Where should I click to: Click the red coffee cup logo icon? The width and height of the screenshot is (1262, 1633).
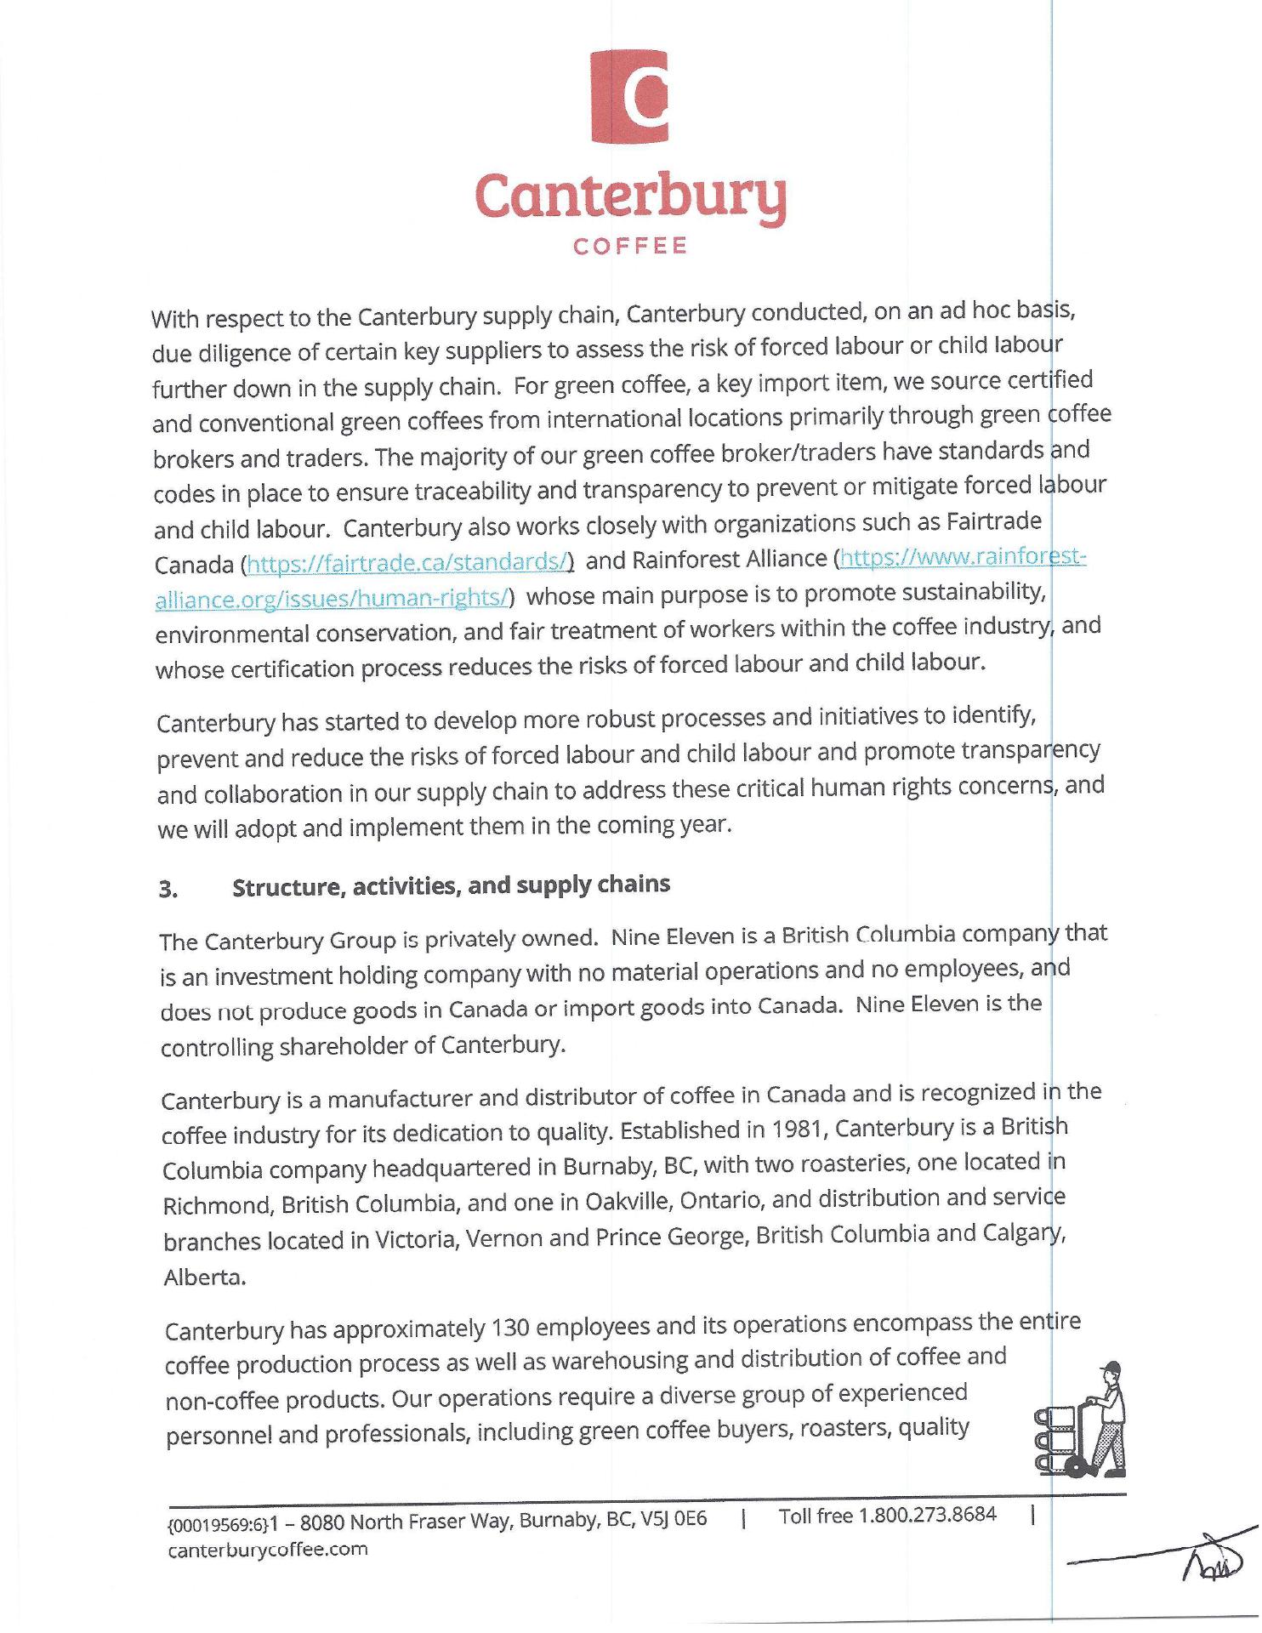(629, 96)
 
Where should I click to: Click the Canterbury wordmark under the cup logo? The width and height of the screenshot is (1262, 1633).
(630, 198)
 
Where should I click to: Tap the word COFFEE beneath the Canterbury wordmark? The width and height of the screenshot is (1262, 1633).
(630, 247)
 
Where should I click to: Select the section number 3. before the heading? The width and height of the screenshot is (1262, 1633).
(168, 890)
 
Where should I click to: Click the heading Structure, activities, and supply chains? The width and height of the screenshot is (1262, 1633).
(451, 885)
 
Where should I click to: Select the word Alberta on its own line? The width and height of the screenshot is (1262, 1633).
(204, 1277)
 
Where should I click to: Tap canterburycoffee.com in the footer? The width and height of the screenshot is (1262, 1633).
(268, 1550)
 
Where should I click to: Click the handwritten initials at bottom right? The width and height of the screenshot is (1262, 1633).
(1211, 1562)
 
